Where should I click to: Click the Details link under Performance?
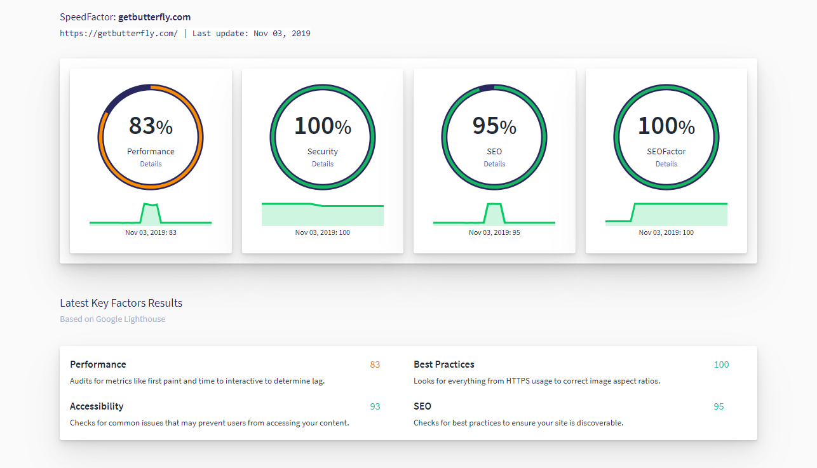pos(151,164)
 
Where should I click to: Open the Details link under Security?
pos(323,164)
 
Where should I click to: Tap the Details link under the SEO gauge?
pos(494,164)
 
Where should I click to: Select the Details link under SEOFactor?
pos(666,164)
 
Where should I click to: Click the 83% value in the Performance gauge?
pos(151,126)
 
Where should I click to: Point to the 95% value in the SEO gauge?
pos(494,126)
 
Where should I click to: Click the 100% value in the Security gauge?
pos(323,126)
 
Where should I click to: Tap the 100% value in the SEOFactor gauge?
pos(666,126)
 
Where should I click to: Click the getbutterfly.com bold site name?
pos(154,17)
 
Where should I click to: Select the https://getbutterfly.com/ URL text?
pos(119,34)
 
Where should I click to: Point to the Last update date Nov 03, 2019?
pos(281,34)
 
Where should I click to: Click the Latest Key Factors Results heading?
pos(121,303)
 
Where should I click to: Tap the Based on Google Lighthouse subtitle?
pos(112,319)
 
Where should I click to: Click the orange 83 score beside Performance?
pos(375,364)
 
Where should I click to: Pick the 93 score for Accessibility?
pos(375,406)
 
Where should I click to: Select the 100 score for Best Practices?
pos(721,364)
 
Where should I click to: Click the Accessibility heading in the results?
pos(97,406)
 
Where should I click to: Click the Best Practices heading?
pos(443,364)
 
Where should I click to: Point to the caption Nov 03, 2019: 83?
pos(151,232)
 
